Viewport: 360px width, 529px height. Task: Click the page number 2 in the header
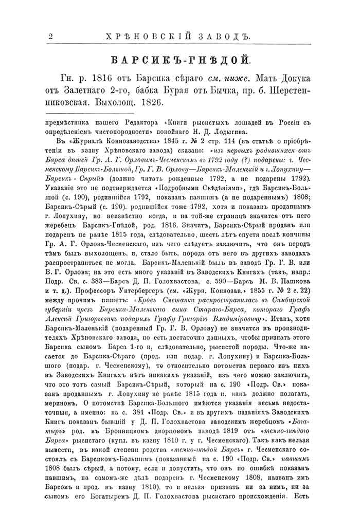tap(50, 37)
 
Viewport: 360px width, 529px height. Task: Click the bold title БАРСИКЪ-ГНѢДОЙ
tap(181, 60)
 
